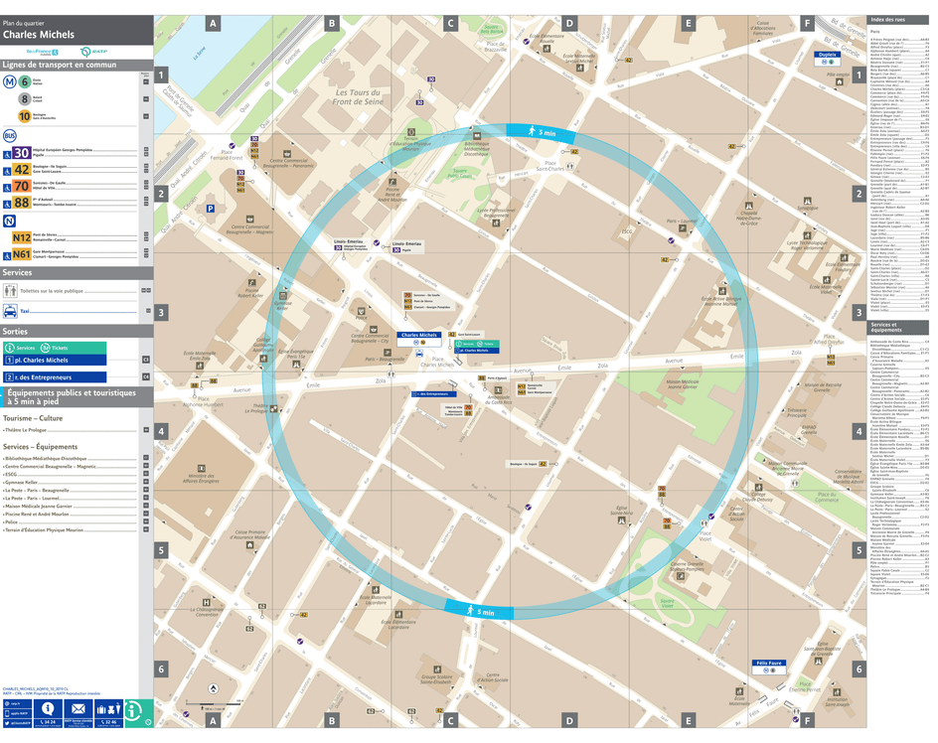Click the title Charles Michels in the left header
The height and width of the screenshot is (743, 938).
coord(40,34)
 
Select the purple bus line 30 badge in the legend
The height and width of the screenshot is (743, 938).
coord(21,153)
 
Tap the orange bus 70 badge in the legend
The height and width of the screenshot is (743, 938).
coord(21,186)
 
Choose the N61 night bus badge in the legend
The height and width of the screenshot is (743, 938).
coord(21,254)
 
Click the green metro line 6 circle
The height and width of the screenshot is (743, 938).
coord(24,81)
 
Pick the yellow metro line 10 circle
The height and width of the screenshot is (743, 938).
coord(24,115)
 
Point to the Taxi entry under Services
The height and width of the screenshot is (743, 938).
coord(26,311)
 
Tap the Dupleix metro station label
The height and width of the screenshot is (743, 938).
coord(827,56)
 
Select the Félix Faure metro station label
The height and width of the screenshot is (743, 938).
coord(770,664)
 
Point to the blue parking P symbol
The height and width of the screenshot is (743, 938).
coord(210,209)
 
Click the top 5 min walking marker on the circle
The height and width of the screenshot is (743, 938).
coord(541,131)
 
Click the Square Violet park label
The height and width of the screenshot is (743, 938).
coord(667,602)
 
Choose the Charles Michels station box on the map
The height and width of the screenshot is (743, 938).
coord(418,336)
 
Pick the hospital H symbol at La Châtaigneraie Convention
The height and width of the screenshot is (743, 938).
coord(207,602)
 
